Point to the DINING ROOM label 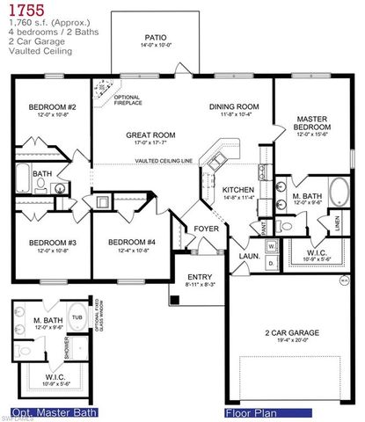(232, 107)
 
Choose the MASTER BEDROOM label (312, 121)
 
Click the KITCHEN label (237, 189)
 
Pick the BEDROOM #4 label (132, 243)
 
